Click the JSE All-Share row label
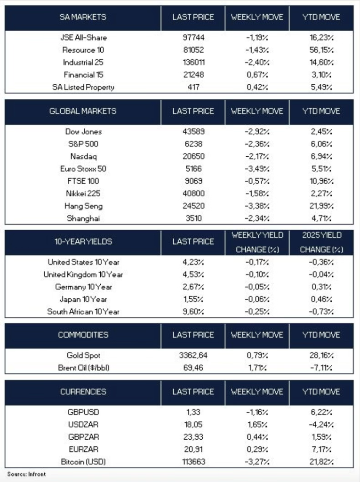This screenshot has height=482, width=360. pos(83,37)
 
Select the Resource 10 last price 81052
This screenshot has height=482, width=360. pos(193,49)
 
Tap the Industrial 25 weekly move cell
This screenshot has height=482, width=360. pos(257,62)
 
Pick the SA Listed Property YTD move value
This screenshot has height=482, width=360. pos(321,87)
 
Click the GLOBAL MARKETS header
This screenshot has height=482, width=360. pos(83,112)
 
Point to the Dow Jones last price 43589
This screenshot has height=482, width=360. pos(193,132)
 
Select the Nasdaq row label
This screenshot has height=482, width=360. pos(83,156)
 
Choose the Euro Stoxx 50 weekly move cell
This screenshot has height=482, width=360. pos(257,169)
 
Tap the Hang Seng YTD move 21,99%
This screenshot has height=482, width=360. pos(321,206)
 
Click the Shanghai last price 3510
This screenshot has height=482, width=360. pos(193,218)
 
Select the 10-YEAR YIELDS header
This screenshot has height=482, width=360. pos(83,242)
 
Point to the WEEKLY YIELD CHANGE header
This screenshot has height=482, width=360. pos(257,242)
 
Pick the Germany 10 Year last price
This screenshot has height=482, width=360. pos(193,287)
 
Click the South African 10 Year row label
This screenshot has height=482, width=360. pos(83,311)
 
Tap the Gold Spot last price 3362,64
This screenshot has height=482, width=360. pos(193,355)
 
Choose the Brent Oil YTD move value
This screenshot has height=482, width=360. pos(321,368)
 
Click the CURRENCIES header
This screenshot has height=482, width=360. pos(83,392)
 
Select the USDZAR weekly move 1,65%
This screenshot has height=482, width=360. pos(257,424)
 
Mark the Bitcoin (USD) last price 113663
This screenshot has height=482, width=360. pos(193,461)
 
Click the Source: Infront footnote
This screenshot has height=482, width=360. pos(27,474)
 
